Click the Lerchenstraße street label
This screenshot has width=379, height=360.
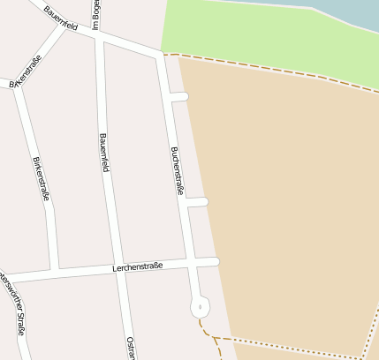(138, 266)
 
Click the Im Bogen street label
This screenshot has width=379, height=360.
(95, 13)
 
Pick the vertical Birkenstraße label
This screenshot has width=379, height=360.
(40, 178)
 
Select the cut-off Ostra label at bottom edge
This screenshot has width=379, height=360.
(131, 348)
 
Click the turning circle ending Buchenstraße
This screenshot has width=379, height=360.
(201, 307)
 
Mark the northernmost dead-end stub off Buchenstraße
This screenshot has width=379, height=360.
(180, 96)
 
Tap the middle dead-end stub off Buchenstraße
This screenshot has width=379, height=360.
(198, 203)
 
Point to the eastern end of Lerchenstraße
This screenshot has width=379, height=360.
(214, 261)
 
